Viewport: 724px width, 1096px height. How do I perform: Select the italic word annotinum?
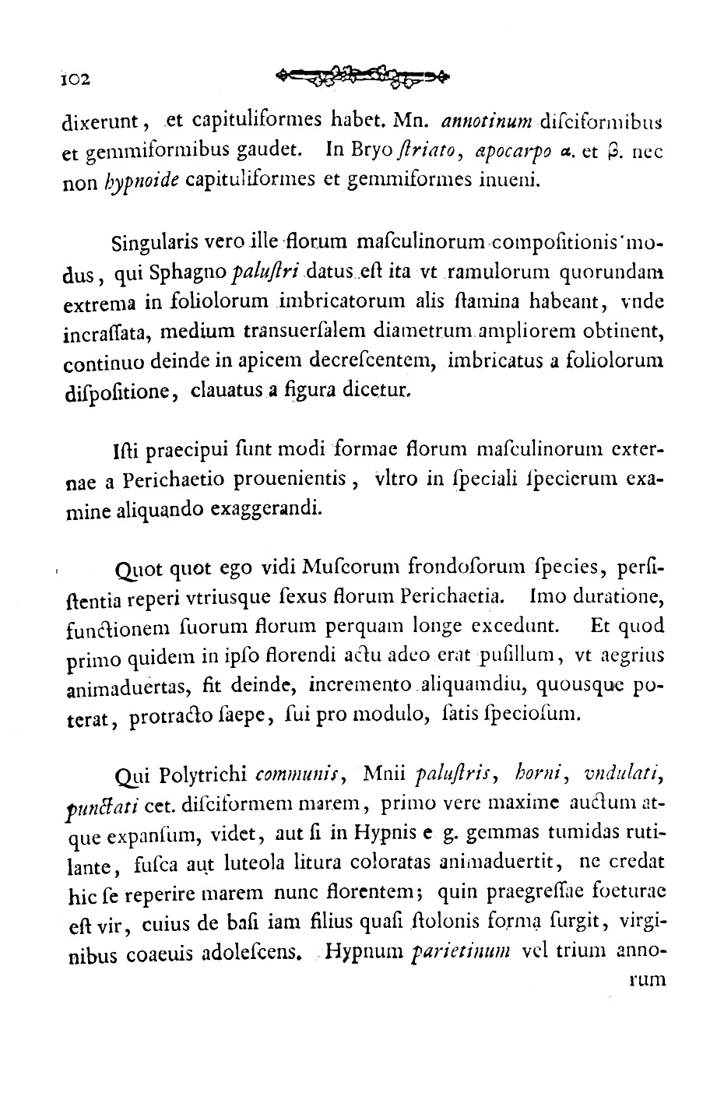click(486, 121)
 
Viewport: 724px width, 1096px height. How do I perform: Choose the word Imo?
click(543, 597)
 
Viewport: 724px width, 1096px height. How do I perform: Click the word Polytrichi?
click(201, 775)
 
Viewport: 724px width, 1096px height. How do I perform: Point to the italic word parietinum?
click(460, 952)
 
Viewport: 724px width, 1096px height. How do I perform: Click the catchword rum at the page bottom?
click(647, 981)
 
